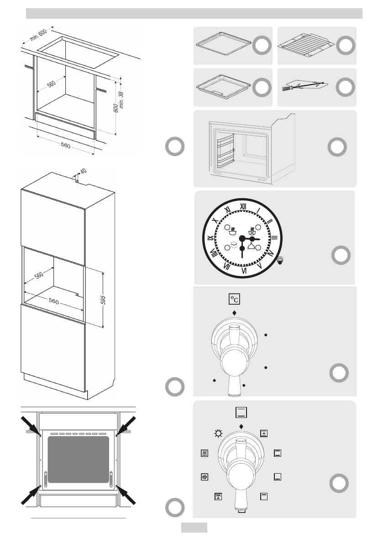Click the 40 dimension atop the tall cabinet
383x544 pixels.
(83, 171)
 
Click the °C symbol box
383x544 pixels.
(234, 299)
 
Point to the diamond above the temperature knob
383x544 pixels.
(235, 313)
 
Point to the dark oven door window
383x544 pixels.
(79, 459)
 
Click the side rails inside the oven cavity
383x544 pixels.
(224, 153)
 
